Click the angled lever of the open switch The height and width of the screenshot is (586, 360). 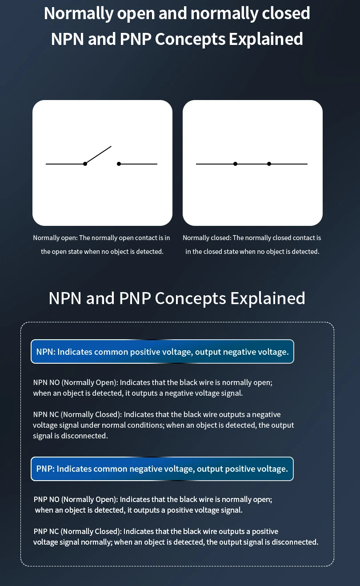(x=98, y=155)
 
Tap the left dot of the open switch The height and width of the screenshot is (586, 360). (x=85, y=164)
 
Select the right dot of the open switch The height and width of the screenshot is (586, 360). (x=119, y=164)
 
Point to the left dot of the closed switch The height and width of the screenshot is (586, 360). (x=235, y=164)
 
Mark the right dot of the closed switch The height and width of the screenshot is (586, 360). (x=269, y=164)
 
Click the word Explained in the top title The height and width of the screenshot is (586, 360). (x=266, y=39)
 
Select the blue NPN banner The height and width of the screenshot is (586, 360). (x=162, y=352)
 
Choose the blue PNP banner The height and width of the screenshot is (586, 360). (x=162, y=469)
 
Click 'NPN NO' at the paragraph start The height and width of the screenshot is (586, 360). (x=47, y=382)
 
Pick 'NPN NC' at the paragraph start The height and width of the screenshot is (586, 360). (x=46, y=414)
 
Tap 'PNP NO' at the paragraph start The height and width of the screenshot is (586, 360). (x=47, y=499)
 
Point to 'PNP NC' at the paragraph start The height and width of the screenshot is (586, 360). (x=46, y=531)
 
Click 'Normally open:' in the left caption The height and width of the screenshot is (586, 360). (x=56, y=238)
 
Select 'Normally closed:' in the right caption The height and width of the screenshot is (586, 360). (x=207, y=238)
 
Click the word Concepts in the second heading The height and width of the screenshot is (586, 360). (x=190, y=298)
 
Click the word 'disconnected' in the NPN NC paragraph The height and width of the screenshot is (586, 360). (x=84, y=436)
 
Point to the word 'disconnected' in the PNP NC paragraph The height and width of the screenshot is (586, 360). (x=295, y=542)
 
